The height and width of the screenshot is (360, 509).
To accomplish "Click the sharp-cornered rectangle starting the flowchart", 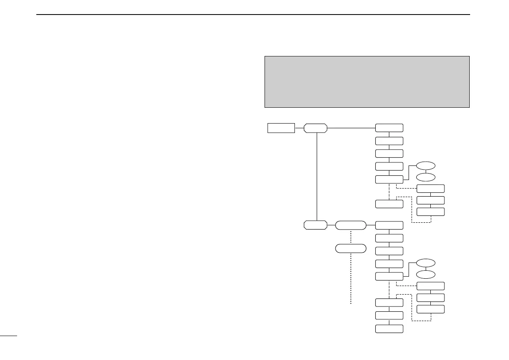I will (281, 128).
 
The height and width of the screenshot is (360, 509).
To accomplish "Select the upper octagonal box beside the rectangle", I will (315, 128).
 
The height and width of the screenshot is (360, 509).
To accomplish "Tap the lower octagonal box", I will (315, 224).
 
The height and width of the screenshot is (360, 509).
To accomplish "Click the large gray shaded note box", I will (367, 82).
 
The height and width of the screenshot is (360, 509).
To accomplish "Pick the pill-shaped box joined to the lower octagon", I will (350, 224).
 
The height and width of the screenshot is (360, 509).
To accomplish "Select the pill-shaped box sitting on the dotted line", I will (350, 248).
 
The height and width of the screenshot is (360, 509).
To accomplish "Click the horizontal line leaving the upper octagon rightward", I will (350, 128).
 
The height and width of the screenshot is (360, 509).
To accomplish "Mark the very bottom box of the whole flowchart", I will (389, 328).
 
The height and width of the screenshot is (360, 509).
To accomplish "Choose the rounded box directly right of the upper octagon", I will (389, 128).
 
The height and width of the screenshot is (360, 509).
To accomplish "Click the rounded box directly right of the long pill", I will (389, 225).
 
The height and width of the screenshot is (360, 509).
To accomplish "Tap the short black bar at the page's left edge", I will (8, 336).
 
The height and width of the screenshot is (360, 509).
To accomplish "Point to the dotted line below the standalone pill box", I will (350, 278).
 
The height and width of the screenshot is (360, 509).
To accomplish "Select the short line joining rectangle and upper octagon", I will (299, 128).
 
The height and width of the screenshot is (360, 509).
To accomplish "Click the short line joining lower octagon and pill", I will (331, 224).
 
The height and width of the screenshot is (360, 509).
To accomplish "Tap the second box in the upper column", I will (389, 141).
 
